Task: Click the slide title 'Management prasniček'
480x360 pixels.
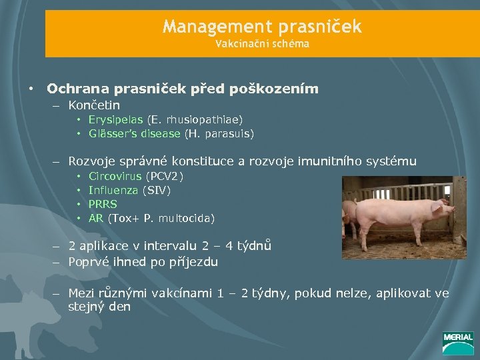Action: coord(262,27)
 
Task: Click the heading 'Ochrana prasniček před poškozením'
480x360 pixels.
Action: coord(182,89)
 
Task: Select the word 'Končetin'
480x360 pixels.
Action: coord(94,105)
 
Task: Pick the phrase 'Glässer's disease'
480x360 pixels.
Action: coord(134,134)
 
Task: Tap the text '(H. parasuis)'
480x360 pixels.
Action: coord(219,134)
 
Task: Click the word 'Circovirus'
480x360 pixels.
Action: coord(115,177)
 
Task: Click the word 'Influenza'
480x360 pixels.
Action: coord(112,191)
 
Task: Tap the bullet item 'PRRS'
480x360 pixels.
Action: coord(103,205)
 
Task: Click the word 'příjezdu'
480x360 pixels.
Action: coord(193,262)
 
